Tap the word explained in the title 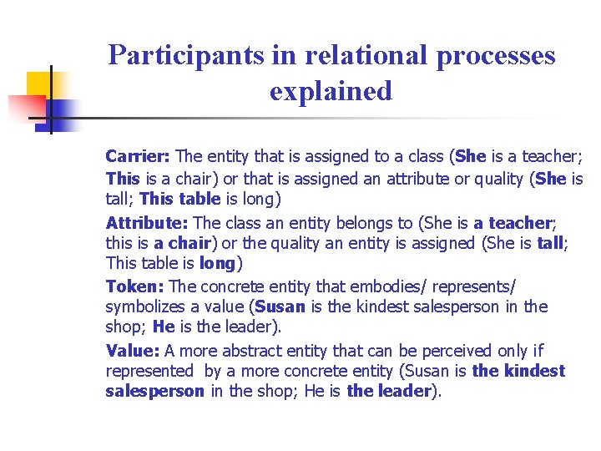pos(331,90)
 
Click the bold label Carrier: pos(138,156)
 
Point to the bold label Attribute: pos(147,223)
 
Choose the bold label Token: pos(135,286)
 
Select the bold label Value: pos(133,351)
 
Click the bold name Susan pos(280,307)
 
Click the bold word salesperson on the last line pos(154,392)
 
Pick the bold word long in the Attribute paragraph pos(217,264)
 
